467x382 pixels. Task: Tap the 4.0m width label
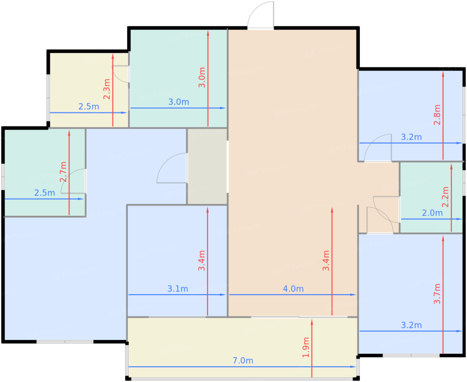click(x=293, y=289)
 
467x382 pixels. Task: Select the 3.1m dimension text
click(x=177, y=289)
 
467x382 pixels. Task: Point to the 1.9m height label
click(x=306, y=347)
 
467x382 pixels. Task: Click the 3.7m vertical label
click(x=437, y=294)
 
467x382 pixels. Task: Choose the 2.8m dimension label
click(x=437, y=115)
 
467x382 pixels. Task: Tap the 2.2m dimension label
click(x=445, y=197)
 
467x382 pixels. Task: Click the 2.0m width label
click(x=432, y=213)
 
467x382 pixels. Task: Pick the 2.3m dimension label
click(x=106, y=89)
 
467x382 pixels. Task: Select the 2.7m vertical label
click(x=63, y=172)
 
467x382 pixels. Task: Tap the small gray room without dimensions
click(x=207, y=166)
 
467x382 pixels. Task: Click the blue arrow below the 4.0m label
click(x=293, y=294)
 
